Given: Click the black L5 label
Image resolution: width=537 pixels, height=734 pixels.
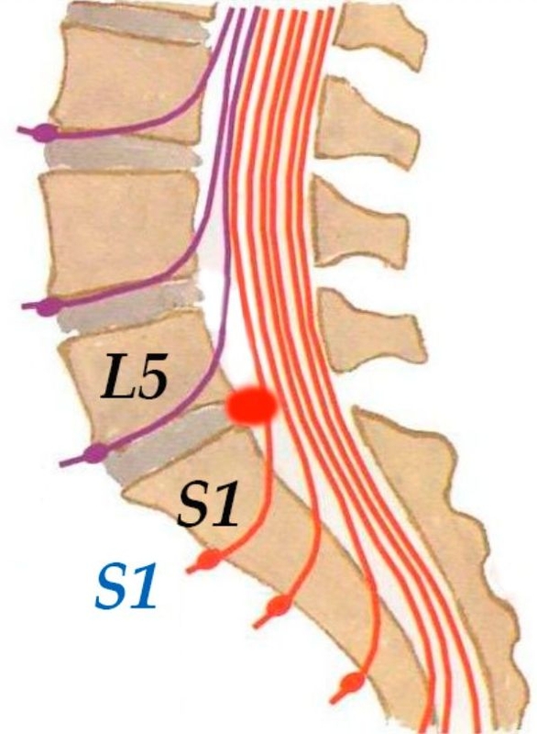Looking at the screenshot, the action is (x=134, y=376).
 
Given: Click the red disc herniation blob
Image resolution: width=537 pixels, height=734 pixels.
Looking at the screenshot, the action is (x=251, y=406).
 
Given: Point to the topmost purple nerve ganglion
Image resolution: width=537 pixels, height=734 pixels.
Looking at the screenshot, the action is (x=47, y=132).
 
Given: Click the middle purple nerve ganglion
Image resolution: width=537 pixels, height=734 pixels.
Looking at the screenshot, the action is (x=49, y=306).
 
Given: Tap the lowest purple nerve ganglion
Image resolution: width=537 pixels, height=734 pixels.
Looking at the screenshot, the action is (x=96, y=452).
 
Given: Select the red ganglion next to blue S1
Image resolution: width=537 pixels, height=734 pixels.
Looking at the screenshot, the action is (x=208, y=559).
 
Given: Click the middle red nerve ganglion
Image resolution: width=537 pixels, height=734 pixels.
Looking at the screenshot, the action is (x=278, y=606).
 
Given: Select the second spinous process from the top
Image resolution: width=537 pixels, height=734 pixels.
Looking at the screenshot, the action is (x=367, y=123).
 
